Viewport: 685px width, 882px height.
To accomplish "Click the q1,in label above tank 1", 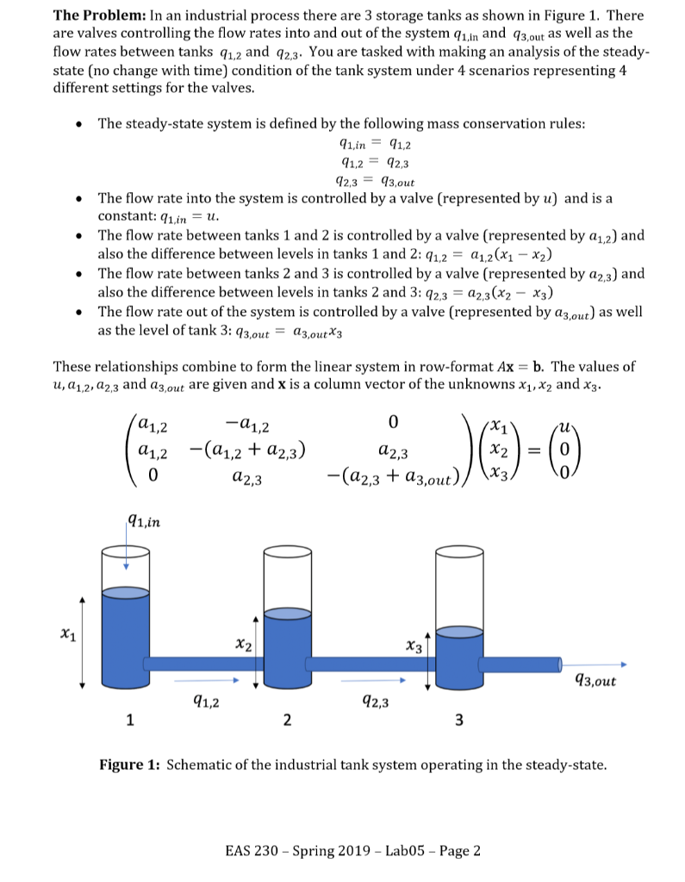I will [x=141, y=518].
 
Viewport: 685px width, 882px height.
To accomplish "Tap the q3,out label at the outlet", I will [x=594, y=681].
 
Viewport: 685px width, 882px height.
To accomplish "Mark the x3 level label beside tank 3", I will [x=416, y=645].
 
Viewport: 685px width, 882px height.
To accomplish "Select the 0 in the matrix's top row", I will [x=393, y=422].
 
